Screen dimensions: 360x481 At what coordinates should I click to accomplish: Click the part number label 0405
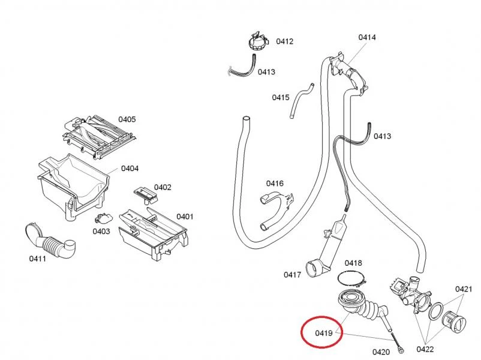click(x=127, y=119)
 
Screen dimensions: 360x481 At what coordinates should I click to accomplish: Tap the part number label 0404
click(x=130, y=169)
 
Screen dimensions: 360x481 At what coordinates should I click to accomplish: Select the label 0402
click(x=163, y=188)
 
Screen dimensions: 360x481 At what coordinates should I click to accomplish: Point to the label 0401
click(x=185, y=216)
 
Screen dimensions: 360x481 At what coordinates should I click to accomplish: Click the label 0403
click(x=101, y=231)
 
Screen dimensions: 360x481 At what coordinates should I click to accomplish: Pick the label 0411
click(x=38, y=259)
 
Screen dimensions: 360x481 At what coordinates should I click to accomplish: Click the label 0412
click(x=284, y=41)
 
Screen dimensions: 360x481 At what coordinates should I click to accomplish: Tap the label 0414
click(x=367, y=37)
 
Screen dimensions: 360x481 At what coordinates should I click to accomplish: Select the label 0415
click(x=281, y=97)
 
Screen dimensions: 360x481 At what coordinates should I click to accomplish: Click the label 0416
click(x=275, y=183)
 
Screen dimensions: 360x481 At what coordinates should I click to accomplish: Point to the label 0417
click(x=292, y=275)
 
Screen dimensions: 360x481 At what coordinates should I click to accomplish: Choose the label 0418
click(x=353, y=263)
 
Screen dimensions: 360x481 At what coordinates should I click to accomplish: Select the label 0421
click(x=463, y=289)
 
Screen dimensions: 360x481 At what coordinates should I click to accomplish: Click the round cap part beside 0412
click(x=256, y=43)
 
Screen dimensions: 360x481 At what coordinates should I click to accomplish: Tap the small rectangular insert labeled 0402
click(x=144, y=193)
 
